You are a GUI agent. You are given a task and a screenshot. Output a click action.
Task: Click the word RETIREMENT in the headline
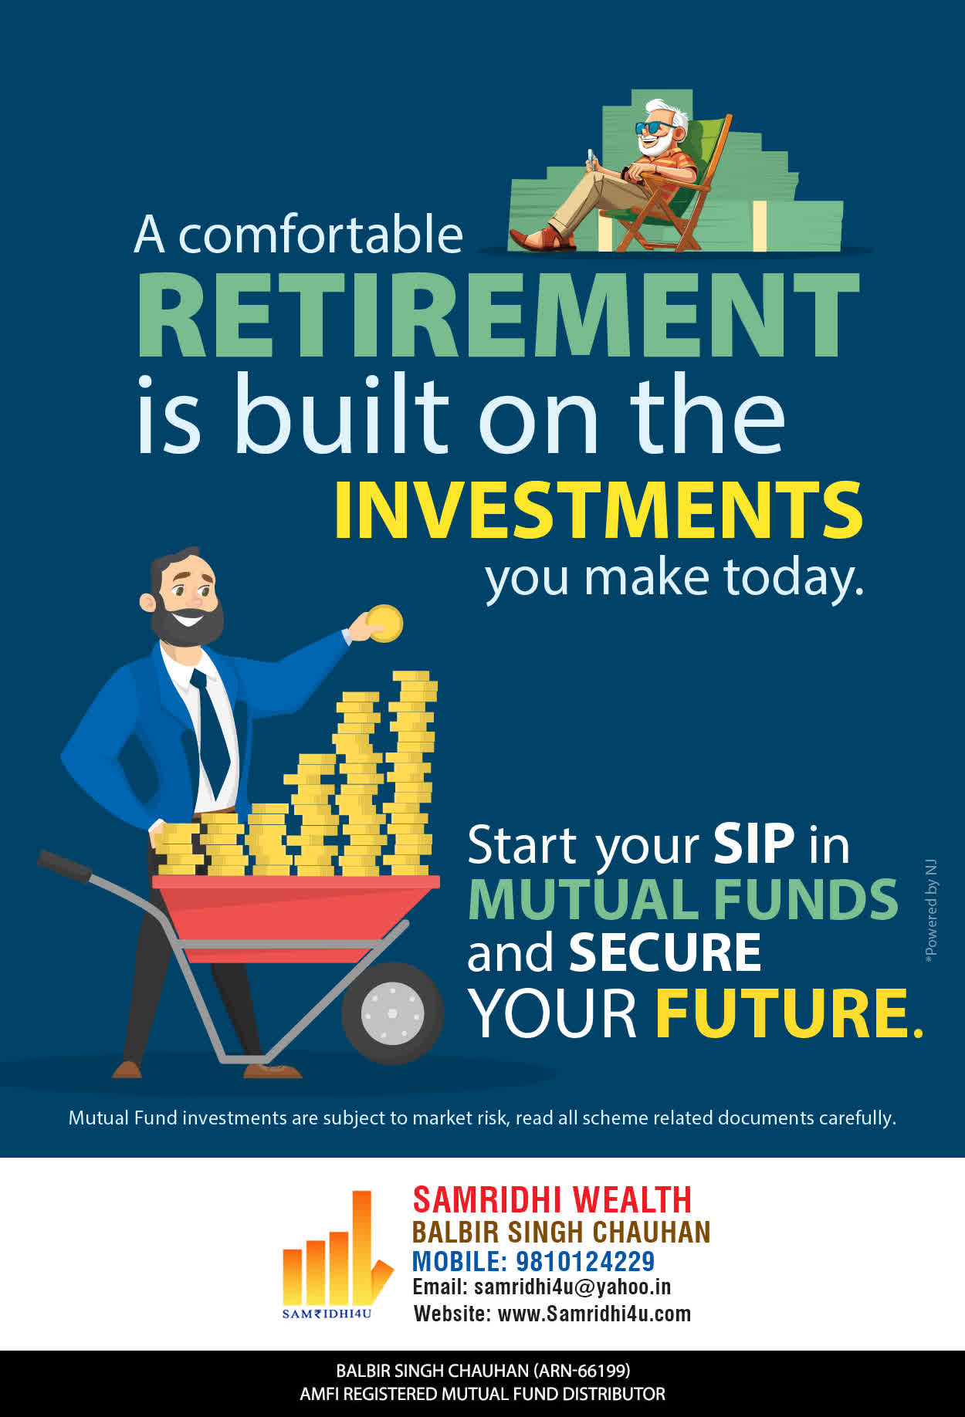(498, 315)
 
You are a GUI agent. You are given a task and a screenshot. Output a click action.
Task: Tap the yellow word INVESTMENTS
(598, 510)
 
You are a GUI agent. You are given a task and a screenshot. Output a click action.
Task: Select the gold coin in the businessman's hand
(384, 624)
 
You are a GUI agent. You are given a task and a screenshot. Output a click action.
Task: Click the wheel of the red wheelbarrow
(392, 1013)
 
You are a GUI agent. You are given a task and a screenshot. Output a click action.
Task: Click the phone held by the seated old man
(591, 158)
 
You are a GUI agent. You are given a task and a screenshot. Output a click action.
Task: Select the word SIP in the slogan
(753, 844)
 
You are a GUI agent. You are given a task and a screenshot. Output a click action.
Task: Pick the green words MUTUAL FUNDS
(683, 899)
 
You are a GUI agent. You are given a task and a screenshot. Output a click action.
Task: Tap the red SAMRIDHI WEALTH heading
(552, 1200)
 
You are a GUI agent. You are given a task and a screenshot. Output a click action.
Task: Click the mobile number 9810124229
(585, 1261)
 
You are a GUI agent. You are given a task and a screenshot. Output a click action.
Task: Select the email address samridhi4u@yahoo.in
(572, 1287)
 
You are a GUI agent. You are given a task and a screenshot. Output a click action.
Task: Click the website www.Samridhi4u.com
(594, 1314)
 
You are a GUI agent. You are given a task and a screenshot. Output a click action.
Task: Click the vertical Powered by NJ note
(931, 911)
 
